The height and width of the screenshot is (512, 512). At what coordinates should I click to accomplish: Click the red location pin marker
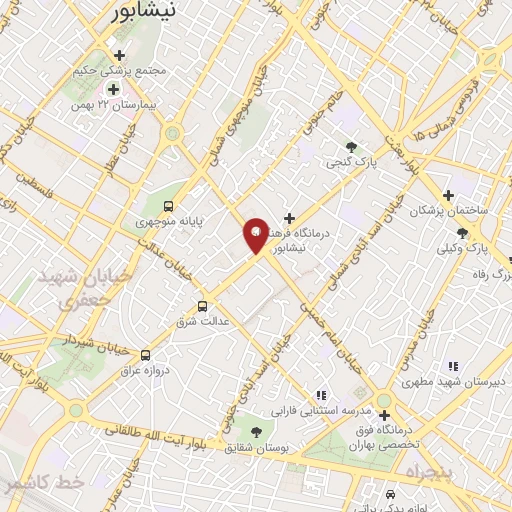pos(256,235)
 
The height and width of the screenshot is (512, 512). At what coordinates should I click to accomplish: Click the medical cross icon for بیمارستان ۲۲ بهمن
pos(113,89)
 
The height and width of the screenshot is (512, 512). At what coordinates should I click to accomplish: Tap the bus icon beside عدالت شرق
pos(204,306)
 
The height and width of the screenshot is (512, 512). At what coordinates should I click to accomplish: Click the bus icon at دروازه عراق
pos(146,355)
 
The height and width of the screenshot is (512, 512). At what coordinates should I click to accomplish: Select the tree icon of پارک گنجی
pos(351,146)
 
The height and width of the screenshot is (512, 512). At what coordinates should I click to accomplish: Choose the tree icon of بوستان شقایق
pos(258,432)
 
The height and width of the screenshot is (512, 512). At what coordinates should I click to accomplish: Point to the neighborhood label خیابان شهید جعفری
pos(71,287)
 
